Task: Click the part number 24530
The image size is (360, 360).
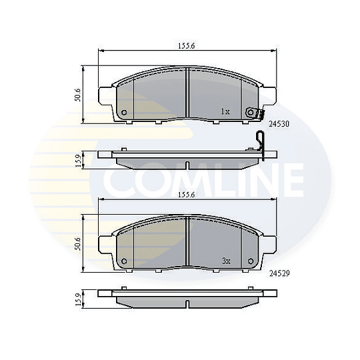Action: point(279,124)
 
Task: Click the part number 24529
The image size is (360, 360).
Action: point(279,273)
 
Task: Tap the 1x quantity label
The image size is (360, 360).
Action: point(225,111)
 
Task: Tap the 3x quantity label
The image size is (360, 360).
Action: point(226,261)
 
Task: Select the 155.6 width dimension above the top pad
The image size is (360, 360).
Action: point(187,46)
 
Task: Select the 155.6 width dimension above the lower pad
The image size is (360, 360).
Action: point(187,195)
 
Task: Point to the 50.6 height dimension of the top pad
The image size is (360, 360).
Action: point(77,95)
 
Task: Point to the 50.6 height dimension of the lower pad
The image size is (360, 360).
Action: point(77,244)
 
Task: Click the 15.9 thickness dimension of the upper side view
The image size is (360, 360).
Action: point(78,161)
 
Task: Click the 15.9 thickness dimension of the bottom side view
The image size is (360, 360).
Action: point(78,299)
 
